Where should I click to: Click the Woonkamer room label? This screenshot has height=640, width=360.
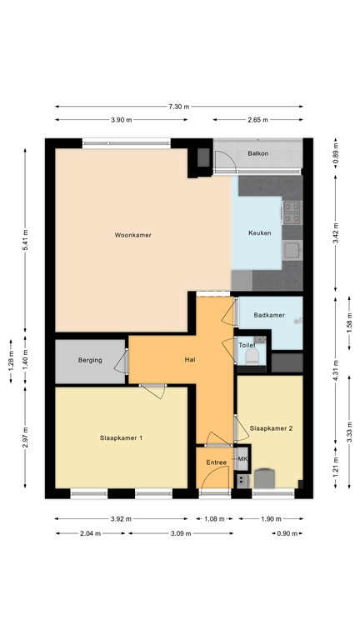(133, 235)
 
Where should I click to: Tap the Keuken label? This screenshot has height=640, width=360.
(260, 233)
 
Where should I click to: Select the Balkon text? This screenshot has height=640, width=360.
(258, 154)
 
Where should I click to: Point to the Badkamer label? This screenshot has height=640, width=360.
(269, 315)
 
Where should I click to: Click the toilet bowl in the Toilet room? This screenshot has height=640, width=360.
(252, 358)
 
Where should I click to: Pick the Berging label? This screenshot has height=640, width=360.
(90, 360)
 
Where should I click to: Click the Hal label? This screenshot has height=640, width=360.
(190, 360)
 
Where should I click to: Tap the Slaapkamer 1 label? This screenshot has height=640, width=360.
(121, 438)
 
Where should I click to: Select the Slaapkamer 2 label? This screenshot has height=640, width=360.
(272, 428)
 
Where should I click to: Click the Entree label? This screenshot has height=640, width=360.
(217, 462)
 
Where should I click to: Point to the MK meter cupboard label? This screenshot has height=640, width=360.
(242, 459)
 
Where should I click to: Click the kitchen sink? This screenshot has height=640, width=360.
(292, 250)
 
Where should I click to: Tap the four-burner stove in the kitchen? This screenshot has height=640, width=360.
(292, 212)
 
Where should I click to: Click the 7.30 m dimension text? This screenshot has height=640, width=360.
(179, 107)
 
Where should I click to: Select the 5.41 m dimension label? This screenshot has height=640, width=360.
(25, 241)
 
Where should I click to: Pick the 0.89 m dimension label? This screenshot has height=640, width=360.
(336, 157)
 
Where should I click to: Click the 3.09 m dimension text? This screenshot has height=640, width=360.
(179, 533)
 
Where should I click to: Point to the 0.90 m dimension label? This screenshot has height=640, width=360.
(287, 533)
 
